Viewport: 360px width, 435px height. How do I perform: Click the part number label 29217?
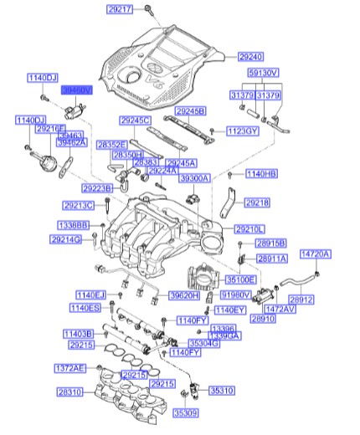point(120,9)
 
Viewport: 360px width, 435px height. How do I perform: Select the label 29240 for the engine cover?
point(251,57)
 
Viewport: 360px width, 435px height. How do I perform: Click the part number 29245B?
point(190,110)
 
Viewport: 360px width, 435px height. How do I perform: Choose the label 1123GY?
point(241,130)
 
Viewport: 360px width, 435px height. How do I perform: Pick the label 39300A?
point(195,178)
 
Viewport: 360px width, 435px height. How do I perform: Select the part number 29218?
point(257,202)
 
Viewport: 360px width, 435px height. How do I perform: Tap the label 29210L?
point(249,228)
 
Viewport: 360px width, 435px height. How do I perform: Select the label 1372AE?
point(70,368)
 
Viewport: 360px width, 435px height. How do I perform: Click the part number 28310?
point(70,391)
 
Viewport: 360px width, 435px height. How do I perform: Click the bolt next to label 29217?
point(147,9)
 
